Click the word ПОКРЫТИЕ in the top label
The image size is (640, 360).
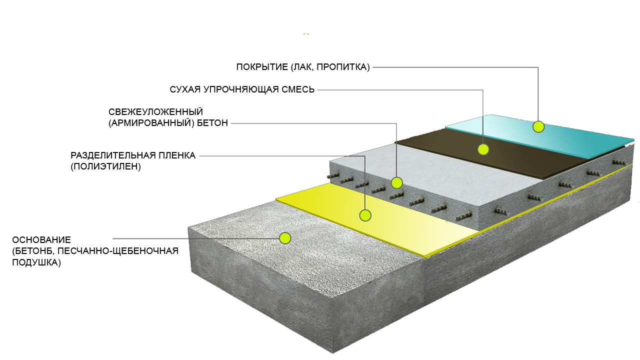click(262, 67)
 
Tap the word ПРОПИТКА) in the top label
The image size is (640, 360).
click(343, 67)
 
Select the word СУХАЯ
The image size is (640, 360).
click(185, 89)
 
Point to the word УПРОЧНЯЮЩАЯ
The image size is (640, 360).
click(241, 89)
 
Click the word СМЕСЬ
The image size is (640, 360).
click(298, 89)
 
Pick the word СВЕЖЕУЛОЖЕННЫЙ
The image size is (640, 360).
click(155, 111)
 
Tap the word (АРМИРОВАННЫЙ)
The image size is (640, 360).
click(151, 123)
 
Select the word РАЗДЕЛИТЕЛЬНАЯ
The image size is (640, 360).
click(113, 155)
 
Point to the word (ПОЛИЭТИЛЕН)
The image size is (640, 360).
click(105, 167)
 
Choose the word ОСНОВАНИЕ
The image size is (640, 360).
click(41, 239)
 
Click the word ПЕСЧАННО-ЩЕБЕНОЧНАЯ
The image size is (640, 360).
click(118, 251)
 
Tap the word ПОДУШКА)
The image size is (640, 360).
click(36, 262)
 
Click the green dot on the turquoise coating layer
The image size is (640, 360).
click(538, 126)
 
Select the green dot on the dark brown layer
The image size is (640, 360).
click(483, 149)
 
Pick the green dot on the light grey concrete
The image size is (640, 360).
click(396, 183)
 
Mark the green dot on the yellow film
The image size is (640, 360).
click(365, 215)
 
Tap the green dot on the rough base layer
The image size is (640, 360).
click(285, 238)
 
